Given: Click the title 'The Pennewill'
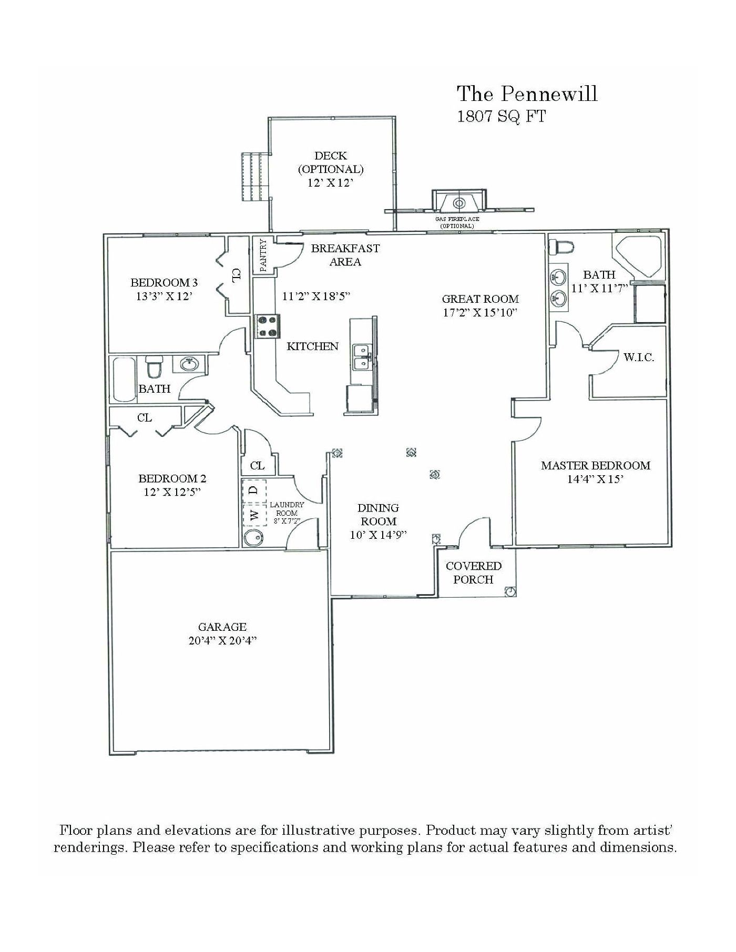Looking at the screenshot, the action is click(527, 94).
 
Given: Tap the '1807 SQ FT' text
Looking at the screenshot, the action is click(502, 116).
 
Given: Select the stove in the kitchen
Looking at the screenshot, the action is click(268, 326).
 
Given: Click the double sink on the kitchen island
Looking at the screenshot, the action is click(361, 356).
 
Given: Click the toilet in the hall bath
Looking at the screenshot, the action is click(154, 366).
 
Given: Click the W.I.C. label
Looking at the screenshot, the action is click(639, 358).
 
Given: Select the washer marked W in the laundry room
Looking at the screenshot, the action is click(254, 515).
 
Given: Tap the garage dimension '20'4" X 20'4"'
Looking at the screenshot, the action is click(222, 641).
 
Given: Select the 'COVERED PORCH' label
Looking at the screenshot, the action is click(473, 573).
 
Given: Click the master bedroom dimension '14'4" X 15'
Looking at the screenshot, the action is click(596, 479).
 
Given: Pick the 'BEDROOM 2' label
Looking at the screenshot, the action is click(172, 478).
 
